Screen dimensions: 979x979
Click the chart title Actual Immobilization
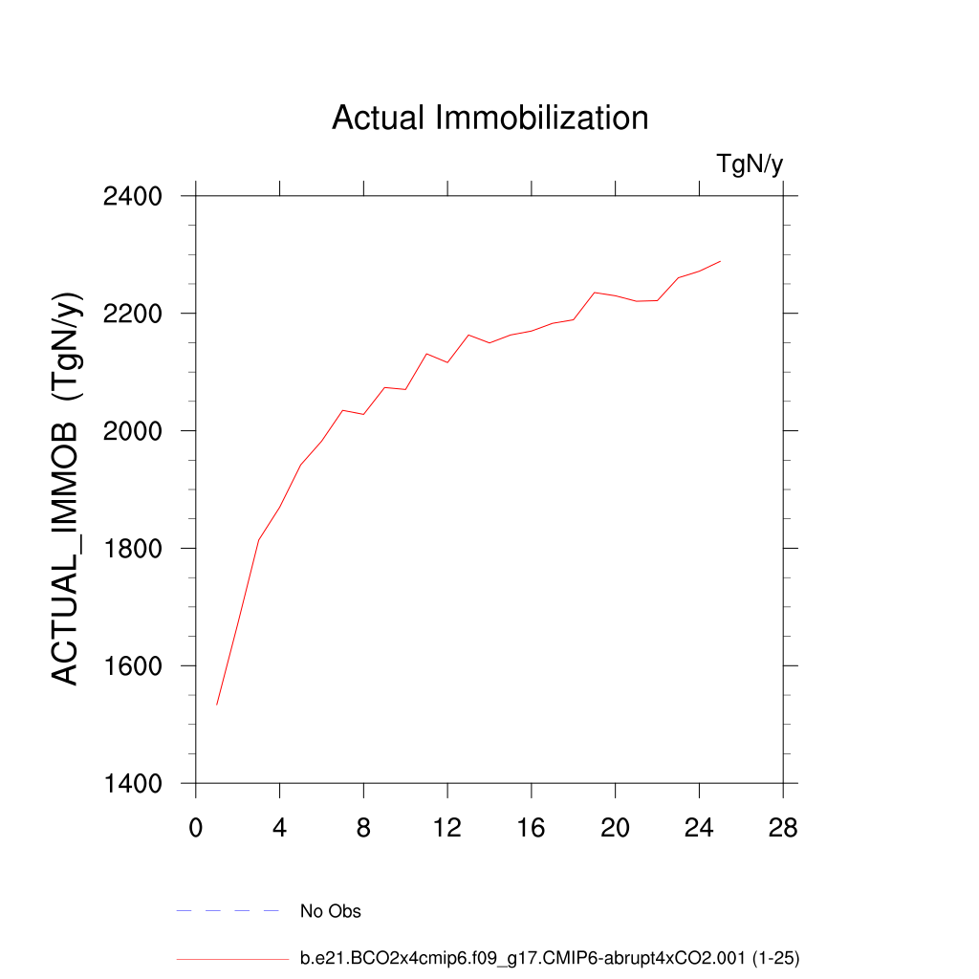489,118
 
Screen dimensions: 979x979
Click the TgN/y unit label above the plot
750,164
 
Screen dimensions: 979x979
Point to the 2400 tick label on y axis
131,197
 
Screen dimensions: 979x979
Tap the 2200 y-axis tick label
131,314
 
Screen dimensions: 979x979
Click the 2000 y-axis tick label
131,431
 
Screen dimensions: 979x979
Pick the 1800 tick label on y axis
131,549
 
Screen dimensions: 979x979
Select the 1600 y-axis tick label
131,666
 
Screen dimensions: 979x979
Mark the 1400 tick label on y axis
131,784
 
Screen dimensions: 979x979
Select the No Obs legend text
331,911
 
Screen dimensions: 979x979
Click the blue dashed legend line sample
228,911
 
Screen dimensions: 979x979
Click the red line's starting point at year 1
217,705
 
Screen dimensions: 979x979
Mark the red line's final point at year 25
720,261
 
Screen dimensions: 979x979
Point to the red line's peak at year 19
595,293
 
